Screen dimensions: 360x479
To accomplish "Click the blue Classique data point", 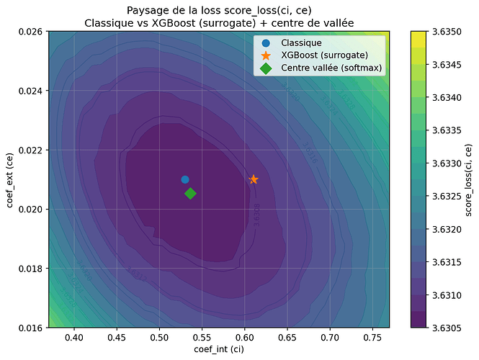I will tap(185, 179).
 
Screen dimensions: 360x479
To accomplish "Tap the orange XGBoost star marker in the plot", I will tap(254, 179).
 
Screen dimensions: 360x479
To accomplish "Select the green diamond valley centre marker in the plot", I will tap(190, 193).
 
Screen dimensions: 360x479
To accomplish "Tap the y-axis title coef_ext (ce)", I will tap(10, 179).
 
